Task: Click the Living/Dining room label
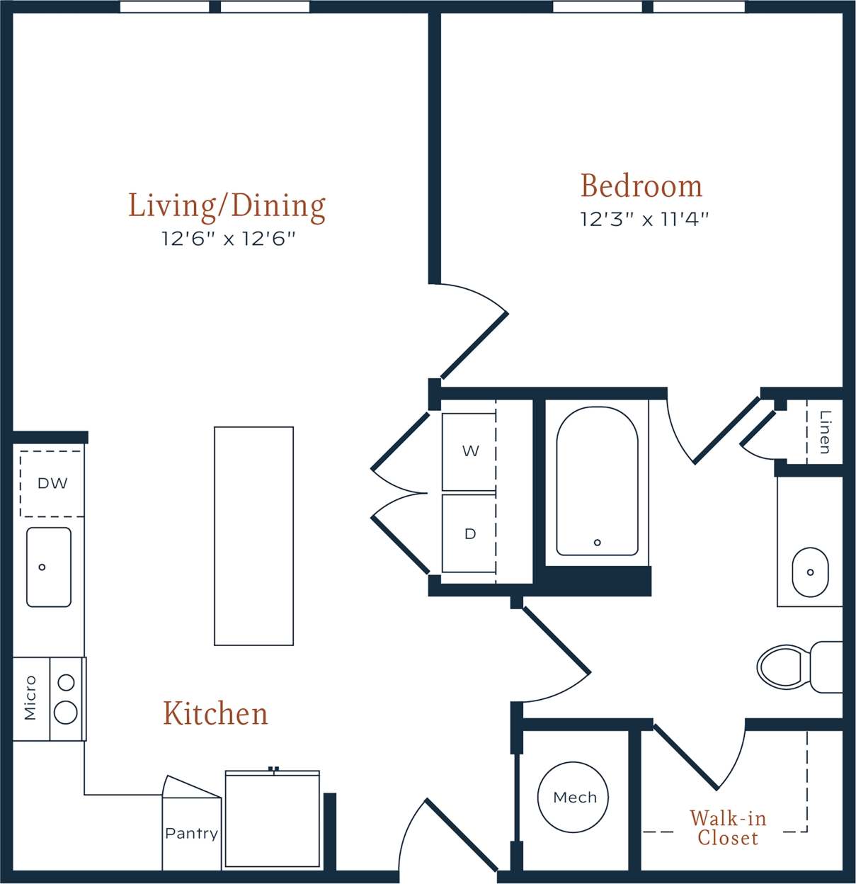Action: click(227, 205)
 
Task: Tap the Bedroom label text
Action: click(641, 186)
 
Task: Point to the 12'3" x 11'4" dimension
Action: click(644, 219)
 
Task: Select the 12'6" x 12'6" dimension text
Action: click(228, 239)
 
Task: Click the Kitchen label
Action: click(215, 713)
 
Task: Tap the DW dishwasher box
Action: click(52, 484)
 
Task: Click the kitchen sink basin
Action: click(49, 567)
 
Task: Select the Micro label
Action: click(30, 698)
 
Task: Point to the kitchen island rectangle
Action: click(253, 535)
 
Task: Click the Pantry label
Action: click(191, 834)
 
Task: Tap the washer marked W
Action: click(469, 451)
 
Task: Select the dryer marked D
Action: click(469, 534)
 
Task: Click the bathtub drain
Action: click(598, 543)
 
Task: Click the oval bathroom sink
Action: click(809, 572)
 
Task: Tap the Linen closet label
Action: click(825, 432)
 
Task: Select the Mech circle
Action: click(573, 798)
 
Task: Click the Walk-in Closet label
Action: click(728, 828)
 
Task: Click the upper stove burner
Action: click(66, 683)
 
